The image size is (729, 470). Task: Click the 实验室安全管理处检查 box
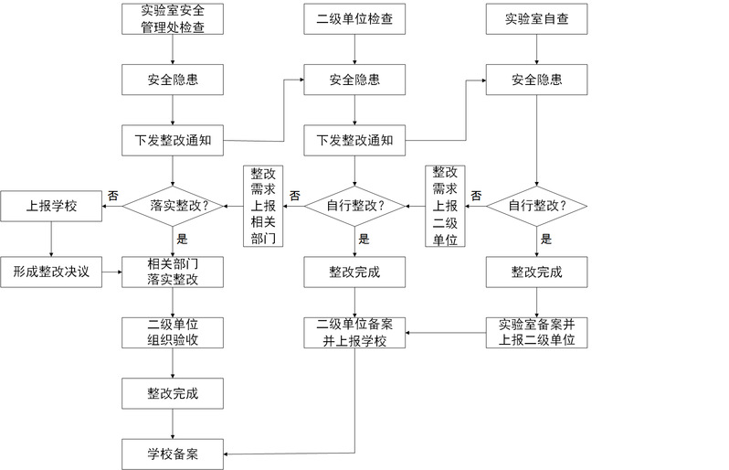tap(173, 18)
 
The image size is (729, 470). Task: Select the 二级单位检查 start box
tap(354, 18)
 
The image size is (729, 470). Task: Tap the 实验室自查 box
tap(536, 18)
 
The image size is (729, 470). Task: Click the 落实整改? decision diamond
tap(173, 205)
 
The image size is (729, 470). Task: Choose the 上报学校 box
tap(51, 205)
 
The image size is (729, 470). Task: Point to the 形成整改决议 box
tap(51, 272)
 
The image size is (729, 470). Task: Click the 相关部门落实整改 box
tap(173, 272)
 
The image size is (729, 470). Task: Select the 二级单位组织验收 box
tap(173, 332)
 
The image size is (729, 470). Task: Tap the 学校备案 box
tap(173, 454)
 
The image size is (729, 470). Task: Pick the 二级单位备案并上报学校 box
tap(354, 332)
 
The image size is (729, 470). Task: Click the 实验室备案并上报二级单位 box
tap(536, 332)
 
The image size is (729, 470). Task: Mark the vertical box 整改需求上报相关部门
tap(262, 206)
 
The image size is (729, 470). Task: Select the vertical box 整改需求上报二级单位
tap(446, 206)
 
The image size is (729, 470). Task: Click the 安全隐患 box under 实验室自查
tap(536, 80)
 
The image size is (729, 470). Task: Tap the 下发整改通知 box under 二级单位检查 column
tap(354, 141)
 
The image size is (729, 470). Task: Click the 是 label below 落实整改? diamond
tap(181, 239)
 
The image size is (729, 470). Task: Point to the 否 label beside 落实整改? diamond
tap(112, 195)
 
